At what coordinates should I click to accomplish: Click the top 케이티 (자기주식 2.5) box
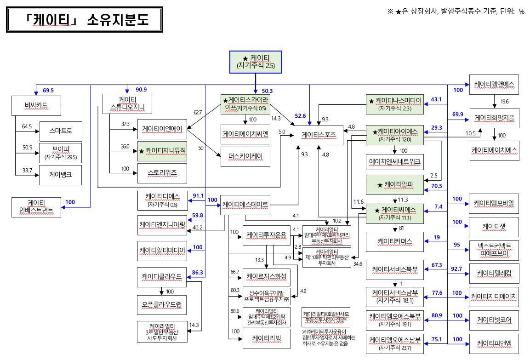[x=255, y=62]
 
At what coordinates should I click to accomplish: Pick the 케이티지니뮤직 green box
[x=162, y=150]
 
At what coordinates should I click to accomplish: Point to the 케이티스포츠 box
[x=319, y=135]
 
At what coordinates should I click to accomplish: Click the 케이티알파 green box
[x=395, y=184]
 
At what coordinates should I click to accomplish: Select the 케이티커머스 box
[x=395, y=241]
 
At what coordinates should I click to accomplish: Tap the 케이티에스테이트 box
[x=245, y=204]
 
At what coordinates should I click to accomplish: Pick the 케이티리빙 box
[x=266, y=339]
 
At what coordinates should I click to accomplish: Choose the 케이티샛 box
[x=494, y=226]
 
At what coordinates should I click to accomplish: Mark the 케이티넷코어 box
[x=494, y=319]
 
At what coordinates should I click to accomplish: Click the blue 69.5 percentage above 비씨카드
[x=48, y=90]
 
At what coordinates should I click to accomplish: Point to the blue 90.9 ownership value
[x=141, y=90]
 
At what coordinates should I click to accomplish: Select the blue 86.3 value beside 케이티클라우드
[x=197, y=273]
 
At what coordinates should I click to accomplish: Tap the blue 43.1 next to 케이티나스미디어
[x=436, y=99]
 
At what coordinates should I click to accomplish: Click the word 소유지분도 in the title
[x=115, y=21]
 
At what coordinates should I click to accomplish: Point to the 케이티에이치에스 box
[x=494, y=150]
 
